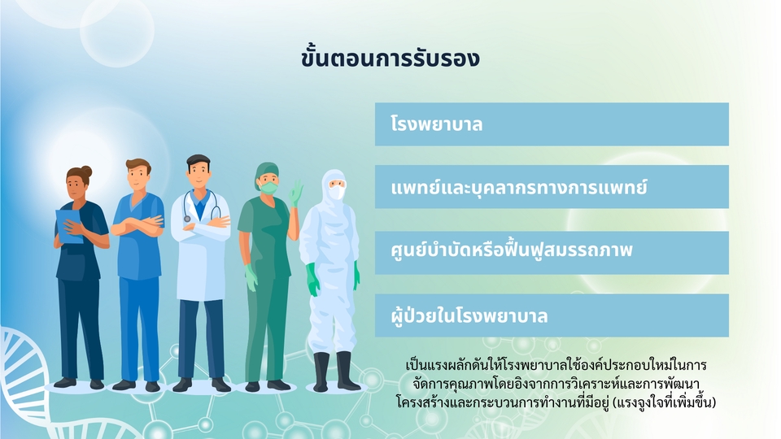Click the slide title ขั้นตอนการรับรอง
tap(390, 58)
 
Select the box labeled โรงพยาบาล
tap(552, 124)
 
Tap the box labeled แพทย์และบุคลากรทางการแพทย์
tap(552, 187)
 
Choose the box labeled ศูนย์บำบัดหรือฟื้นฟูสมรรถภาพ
tap(552, 252)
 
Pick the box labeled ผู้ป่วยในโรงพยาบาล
tap(552, 315)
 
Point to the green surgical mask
tap(269, 188)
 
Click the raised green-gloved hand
tap(296, 193)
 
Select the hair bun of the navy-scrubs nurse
tap(87, 172)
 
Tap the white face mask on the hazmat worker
tap(337, 192)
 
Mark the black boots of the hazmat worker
tap(335, 372)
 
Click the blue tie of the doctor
tap(200, 209)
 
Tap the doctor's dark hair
tap(198, 161)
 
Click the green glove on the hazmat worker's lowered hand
tap(312, 279)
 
